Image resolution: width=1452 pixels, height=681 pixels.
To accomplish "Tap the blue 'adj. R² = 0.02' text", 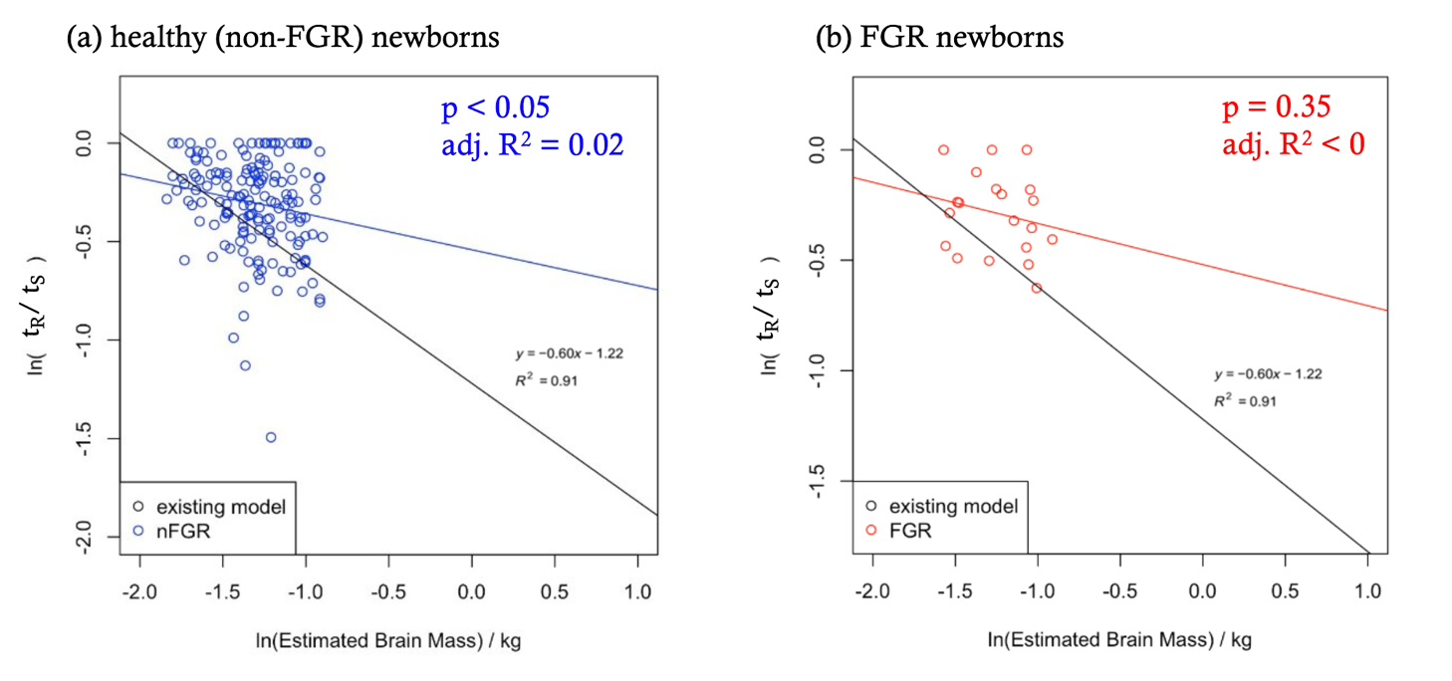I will [x=532, y=144].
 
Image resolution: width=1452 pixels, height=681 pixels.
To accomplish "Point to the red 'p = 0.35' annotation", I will [x=1276, y=107].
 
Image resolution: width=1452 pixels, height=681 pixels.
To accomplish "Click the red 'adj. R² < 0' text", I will [x=1293, y=142].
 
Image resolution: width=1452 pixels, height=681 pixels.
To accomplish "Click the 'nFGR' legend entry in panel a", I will [x=178, y=532].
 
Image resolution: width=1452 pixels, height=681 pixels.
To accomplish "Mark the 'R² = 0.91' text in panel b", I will [x=1244, y=400].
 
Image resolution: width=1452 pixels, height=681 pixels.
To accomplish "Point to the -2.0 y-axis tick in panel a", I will [x=98, y=539].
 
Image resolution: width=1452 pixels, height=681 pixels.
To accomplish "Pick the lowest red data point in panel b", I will [x=1037, y=288].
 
